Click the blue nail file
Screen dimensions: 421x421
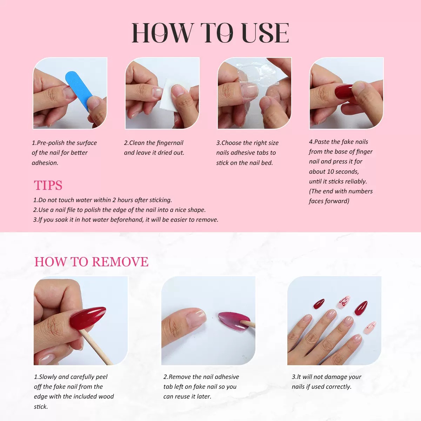(x=79, y=86)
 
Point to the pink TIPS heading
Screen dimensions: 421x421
(x=48, y=185)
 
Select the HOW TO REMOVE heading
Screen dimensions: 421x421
(x=91, y=262)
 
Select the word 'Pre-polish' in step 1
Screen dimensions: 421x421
(x=51, y=143)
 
